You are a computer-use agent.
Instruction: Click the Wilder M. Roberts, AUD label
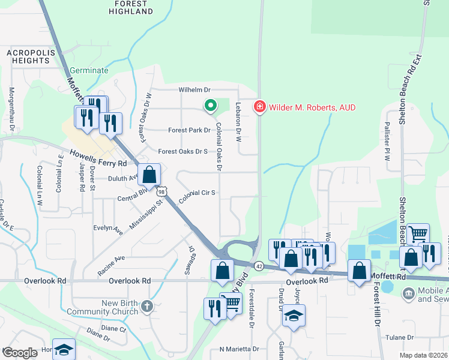[x=312, y=107]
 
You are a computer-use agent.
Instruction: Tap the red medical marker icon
[x=260, y=107]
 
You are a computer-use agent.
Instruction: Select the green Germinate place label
[x=89, y=70]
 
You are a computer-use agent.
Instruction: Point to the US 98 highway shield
[x=162, y=191]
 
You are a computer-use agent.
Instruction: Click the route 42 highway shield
[x=259, y=265]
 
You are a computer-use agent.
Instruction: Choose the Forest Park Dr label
[x=189, y=130]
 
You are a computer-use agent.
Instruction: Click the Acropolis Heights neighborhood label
[x=28, y=56]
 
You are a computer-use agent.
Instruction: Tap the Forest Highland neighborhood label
[x=131, y=8]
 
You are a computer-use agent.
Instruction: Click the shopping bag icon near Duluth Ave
[x=149, y=175]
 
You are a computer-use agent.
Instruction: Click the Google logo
[x=20, y=353]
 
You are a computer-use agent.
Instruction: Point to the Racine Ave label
[x=111, y=265]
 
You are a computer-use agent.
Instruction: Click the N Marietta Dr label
[x=239, y=349]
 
